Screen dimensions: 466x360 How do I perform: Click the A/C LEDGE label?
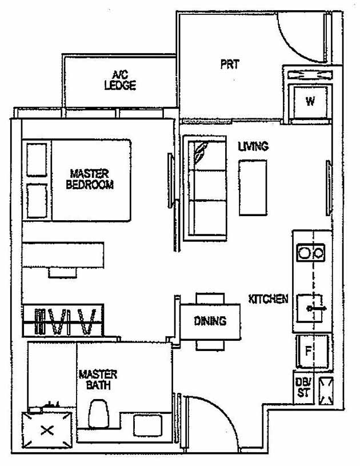click(120, 80)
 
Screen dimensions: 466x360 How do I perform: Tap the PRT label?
click(229, 64)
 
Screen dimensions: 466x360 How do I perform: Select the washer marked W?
click(310, 102)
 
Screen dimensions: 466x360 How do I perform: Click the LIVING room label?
click(253, 146)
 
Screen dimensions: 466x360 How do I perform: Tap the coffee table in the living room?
click(253, 187)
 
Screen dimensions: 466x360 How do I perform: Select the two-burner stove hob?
click(311, 252)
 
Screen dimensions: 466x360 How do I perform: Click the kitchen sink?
click(311, 308)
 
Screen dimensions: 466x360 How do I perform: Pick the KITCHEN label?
click(268, 299)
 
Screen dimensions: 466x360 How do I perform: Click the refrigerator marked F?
click(311, 352)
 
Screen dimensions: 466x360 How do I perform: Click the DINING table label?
click(210, 321)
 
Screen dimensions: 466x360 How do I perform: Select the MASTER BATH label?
click(98, 380)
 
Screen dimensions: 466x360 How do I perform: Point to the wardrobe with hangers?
click(63, 321)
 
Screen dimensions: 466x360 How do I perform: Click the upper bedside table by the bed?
click(37, 160)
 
